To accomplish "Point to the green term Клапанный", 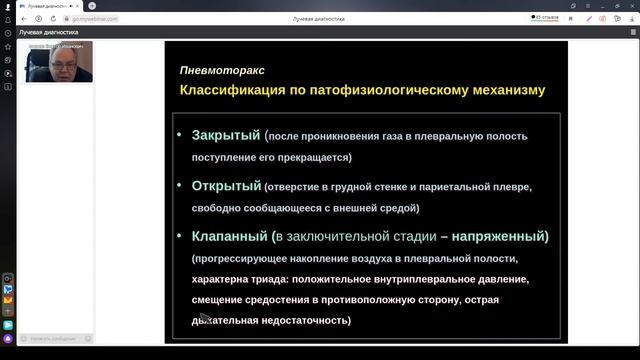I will click(229, 236).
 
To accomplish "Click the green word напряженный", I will click(499, 236).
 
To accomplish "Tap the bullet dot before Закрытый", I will click(180, 135).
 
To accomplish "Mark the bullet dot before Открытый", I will click(180, 185).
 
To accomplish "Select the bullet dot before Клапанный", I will click(180, 236).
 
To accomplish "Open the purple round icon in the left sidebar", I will click(8, 338).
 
